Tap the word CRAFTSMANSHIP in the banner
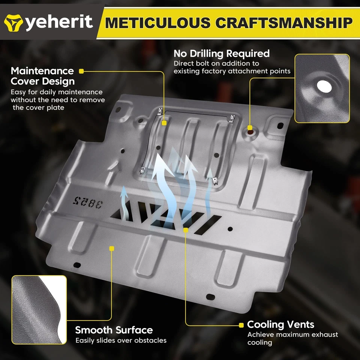pos(283,23)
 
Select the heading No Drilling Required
pos(221,53)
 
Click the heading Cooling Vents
pos(280,324)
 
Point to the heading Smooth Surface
pos(114,330)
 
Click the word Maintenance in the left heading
pos(42,71)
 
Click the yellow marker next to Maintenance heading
pos(81,71)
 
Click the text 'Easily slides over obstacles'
pos(121,340)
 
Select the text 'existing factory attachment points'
pos(232,71)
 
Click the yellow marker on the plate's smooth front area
pos(111,248)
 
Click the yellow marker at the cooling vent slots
pos(186,229)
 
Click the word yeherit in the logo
pos(59,22)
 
